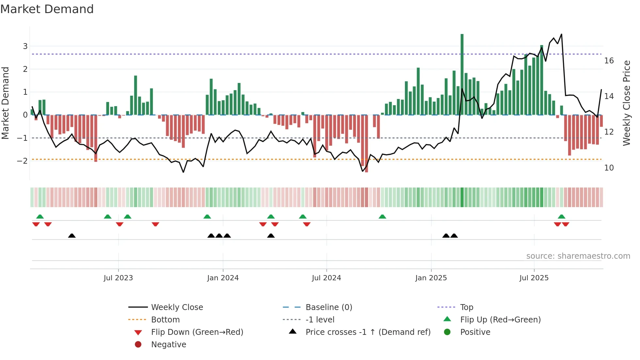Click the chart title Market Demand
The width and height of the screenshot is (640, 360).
pyautogui.click(x=47, y=9)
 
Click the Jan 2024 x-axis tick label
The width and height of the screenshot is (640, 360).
pyautogui.click(x=223, y=278)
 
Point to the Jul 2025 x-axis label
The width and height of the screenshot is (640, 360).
pyautogui.click(x=534, y=278)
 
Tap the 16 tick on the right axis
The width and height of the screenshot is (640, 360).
pyautogui.click(x=609, y=61)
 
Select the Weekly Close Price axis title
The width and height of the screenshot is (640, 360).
pyautogui.click(x=626, y=103)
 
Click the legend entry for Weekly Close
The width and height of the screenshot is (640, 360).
pyautogui.click(x=177, y=307)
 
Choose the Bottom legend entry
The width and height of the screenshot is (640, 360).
pyautogui.click(x=165, y=320)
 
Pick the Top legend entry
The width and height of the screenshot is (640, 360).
pyautogui.click(x=466, y=307)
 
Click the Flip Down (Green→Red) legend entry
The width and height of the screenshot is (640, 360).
pyautogui.click(x=197, y=332)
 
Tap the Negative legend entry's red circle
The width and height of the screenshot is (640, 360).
pyautogui.click(x=138, y=345)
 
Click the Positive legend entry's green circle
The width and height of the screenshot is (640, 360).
pyautogui.click(x=447, y=332)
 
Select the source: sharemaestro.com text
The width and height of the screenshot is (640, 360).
pyautogui.click(x=578, y=256)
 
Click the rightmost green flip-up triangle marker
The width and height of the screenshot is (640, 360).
pyautogui.click(x=561, y=217)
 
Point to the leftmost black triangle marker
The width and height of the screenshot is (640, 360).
pyautogui.click(x=72, y=236)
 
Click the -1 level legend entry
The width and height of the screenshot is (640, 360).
pyautogui.click(x=320, y=320)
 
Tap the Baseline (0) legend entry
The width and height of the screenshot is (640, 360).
pyautogui.click(x=328, y=307)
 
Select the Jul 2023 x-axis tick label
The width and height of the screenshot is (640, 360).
pyautogui.click(x=118, y=278)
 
